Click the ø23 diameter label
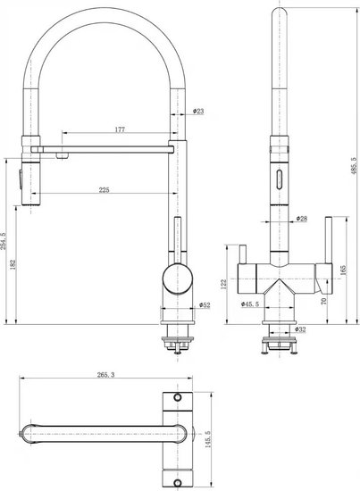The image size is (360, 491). point(198,111)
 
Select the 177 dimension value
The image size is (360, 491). point(120,129)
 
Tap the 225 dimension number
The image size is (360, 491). point(104,190)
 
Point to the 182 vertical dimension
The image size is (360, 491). point(13,264)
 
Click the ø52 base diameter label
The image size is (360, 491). point(205,305)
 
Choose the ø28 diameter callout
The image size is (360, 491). point(301,219)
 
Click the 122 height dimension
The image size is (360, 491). point(223,284)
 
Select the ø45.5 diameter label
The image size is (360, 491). point(250,304)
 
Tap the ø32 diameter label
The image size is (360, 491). point(300,329)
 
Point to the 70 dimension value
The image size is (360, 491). point(324,301)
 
